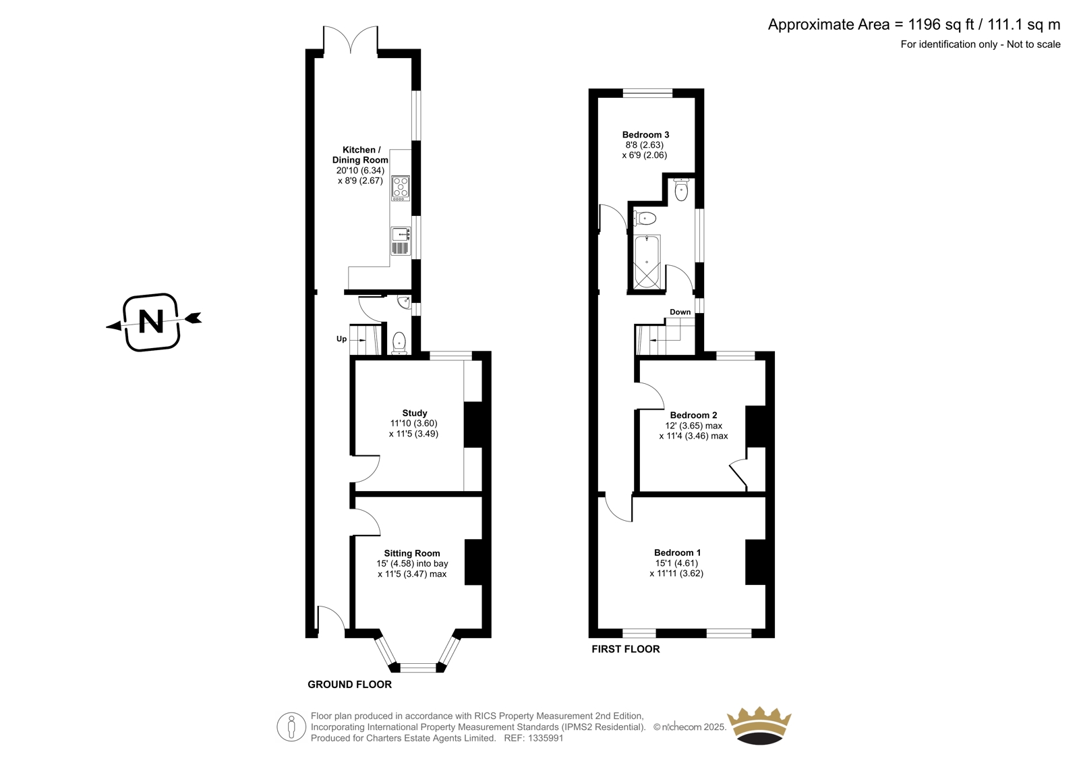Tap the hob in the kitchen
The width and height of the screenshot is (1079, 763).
coord(401,188)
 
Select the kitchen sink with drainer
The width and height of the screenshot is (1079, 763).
coord(401,241)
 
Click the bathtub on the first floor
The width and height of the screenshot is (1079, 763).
coord(647,262)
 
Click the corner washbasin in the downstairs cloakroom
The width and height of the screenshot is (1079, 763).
coord(404,302)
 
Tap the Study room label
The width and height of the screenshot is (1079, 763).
coord(414,413)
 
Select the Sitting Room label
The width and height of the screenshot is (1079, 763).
coord(412,553)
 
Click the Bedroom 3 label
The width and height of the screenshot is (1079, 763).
coord(645,135)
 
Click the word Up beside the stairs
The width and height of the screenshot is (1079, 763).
coord(341,339)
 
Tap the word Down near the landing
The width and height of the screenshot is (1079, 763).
coord(680,312)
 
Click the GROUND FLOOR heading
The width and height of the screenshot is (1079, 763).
coord(350,685)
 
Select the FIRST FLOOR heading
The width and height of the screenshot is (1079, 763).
coord(626,649)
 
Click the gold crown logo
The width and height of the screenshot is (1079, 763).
coord(759,725)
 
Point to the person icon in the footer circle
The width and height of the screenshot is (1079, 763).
coord(291,727)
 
